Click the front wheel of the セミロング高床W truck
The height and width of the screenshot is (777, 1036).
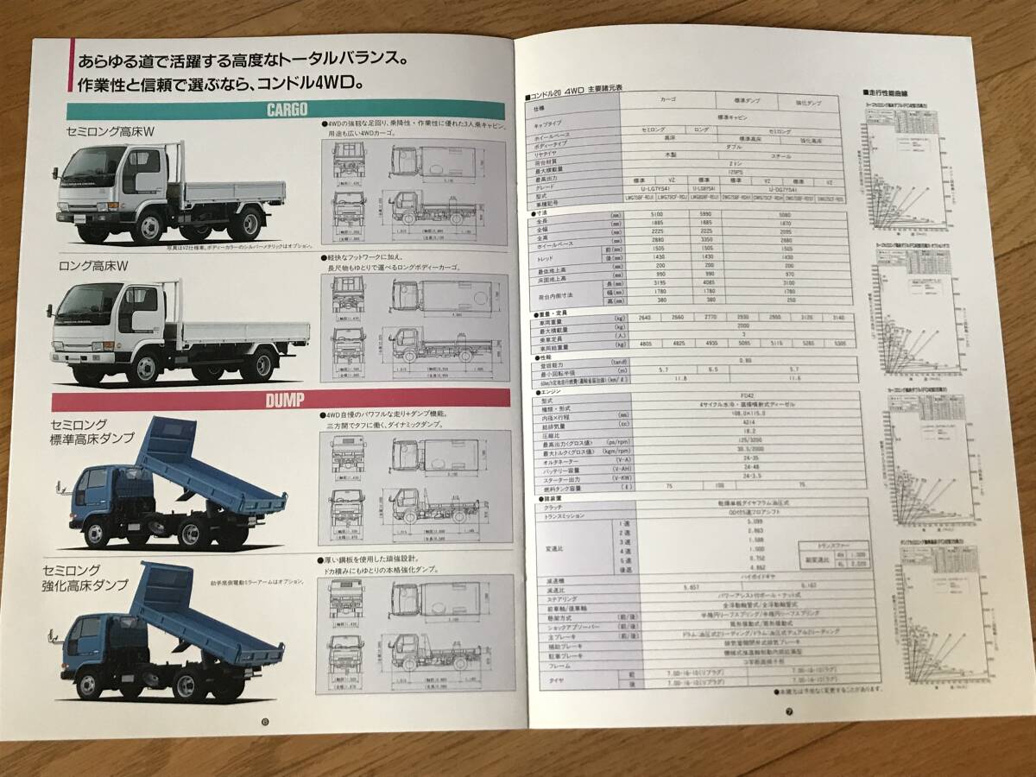point(149,226)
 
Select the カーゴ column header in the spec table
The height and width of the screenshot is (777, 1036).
point(667,100)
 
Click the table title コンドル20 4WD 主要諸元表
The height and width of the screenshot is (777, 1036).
point(574,88)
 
